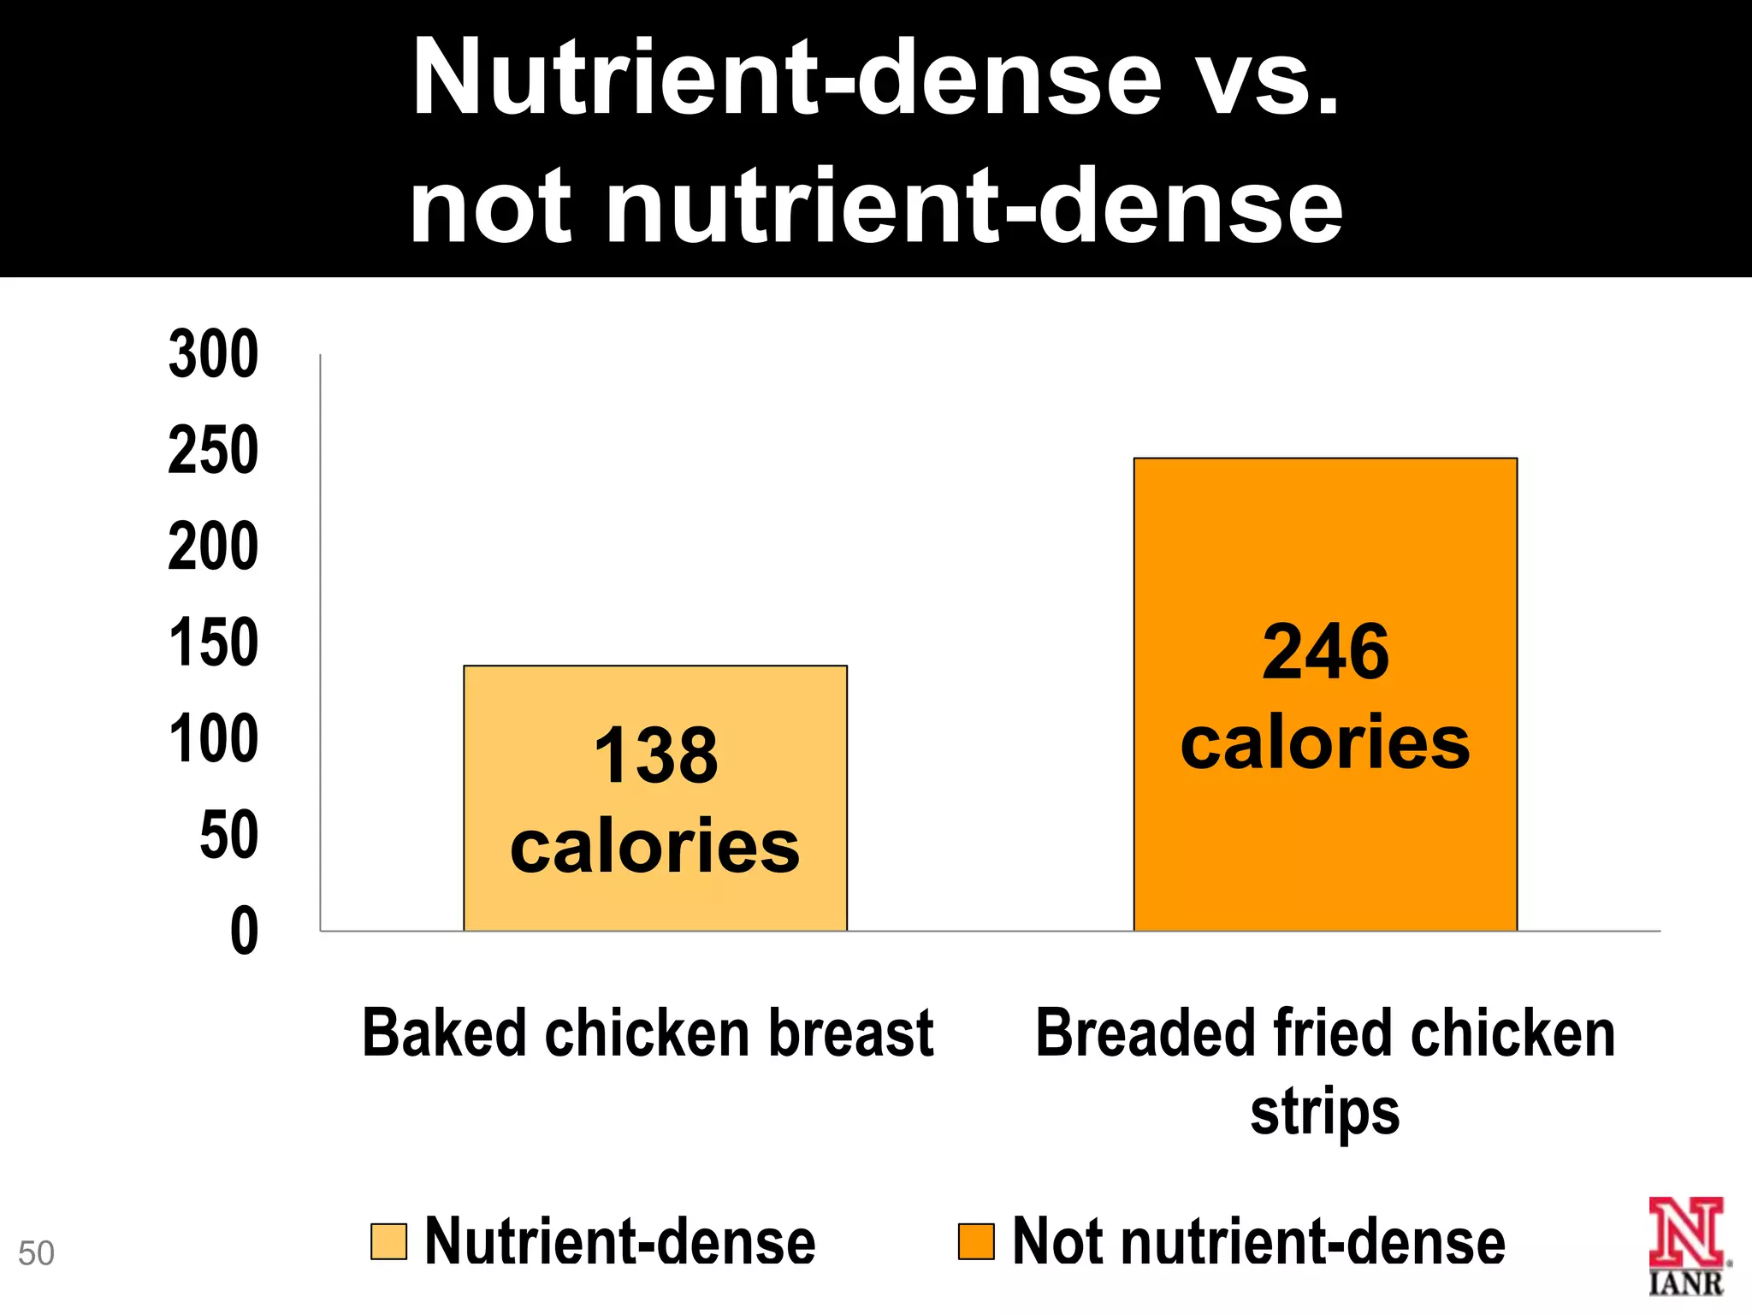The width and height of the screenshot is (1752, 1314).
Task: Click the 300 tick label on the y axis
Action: click(214, 354)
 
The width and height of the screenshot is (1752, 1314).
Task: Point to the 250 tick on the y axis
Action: click(214, 451)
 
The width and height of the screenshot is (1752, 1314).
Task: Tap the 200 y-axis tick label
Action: click(214, 547)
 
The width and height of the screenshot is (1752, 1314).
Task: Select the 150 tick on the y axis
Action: click(214, 643)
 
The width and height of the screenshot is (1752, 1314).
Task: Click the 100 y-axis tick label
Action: click(214, 740)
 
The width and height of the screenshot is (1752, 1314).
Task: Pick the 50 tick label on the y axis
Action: click(228, 836)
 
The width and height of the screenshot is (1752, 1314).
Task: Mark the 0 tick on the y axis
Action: click(245, 932)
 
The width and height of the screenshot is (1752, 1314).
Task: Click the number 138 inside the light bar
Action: click(656, 755)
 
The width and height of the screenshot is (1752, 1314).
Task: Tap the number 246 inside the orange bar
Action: click(1325, 653)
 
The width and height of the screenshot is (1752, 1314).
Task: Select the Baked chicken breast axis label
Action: click(648, 1033)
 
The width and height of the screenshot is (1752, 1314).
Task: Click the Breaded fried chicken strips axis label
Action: click(1325, 1071)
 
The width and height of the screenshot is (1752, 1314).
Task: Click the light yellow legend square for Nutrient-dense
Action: click(388, 1242)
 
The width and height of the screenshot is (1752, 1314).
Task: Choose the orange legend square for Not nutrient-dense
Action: click(976, 1242)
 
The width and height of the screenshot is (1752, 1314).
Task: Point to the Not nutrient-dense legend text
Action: click(1258, 1242)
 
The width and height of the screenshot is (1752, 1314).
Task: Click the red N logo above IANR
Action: click(1685, 1232)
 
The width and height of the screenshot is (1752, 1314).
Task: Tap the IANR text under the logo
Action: click(1686, 1283)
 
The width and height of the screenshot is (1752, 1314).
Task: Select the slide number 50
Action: click(36, 1253)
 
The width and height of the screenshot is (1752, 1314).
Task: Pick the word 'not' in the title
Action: click(490, 206)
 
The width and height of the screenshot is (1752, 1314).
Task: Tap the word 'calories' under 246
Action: click(1325, 743)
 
